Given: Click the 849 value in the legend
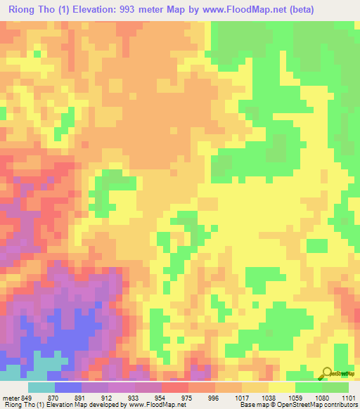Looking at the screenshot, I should (27, 397).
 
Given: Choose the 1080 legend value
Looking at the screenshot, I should (322, 397).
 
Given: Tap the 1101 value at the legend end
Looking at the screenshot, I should (347, 397).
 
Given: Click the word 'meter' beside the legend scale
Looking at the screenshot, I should (11, 397).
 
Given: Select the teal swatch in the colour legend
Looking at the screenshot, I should (41, 387).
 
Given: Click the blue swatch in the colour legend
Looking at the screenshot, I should (68, 387).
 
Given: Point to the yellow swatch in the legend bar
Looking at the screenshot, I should (282, 387).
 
